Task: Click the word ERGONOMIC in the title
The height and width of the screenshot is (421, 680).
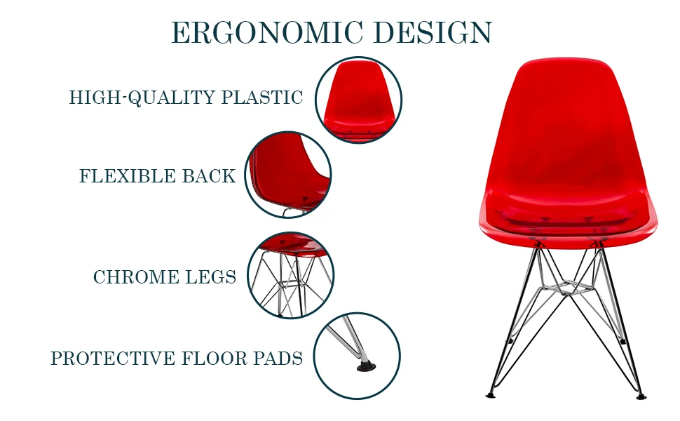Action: click(266, 33)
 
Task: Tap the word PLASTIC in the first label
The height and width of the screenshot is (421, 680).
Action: click(262, 98)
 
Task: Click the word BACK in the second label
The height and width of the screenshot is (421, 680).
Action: click(209, 176)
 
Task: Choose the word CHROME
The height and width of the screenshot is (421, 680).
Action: click(135, 277)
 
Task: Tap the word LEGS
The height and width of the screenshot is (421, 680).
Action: click(210, 277)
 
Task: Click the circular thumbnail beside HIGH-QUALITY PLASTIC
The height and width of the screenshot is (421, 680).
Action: click(358, 100)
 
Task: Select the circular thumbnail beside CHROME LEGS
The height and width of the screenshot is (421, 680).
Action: click(290, 275)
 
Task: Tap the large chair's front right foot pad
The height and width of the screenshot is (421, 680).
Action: click(641, 396)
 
